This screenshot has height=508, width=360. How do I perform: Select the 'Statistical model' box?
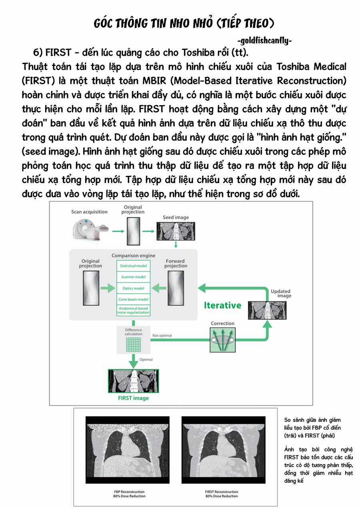click(133, 265)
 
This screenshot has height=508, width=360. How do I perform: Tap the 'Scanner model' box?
click(133, 277)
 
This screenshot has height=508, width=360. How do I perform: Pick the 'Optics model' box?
click(133, 288)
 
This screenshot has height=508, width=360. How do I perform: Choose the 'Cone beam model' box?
click(133, 299)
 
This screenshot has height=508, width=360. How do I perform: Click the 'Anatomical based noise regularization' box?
click(133, 310)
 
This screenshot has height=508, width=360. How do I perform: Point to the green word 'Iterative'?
click(222, 305)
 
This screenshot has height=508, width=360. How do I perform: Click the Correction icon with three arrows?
click(222, 340)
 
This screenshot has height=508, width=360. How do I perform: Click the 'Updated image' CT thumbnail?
click(264, 310)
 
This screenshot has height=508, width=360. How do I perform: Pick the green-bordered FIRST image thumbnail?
click(133, 381)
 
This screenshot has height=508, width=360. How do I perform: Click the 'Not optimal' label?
click(162, 335)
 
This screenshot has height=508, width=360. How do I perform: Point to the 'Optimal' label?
click(146, 359)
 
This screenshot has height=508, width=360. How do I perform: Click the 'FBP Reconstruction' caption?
click(129, 494)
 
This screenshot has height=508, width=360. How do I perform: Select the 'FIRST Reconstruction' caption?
click(222, 494)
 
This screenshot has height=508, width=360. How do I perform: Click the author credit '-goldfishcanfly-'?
click(264, 41)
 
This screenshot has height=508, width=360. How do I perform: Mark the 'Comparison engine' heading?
click(133, 255)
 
